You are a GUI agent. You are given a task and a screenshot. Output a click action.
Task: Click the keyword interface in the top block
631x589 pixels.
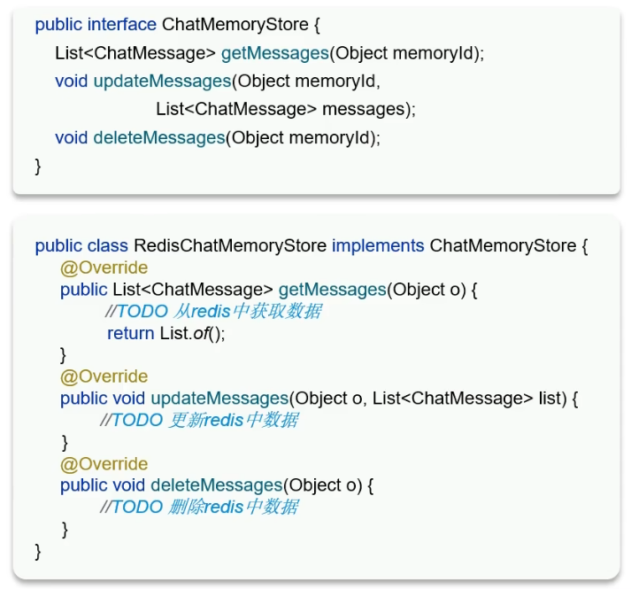(x=122, y=25)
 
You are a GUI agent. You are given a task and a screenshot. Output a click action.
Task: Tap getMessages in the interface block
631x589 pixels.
(x=275, y=53)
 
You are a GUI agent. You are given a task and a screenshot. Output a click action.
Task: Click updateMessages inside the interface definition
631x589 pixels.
(x=162, y=81)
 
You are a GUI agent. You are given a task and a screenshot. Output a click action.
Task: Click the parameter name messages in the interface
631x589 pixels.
(x=365, y=110)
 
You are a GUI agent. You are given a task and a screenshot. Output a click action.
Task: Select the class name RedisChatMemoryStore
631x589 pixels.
(x=230, y=245)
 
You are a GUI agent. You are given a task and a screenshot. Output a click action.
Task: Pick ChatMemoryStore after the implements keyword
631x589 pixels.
(x=503, y=245)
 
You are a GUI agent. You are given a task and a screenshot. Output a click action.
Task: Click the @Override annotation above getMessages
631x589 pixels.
(x=104, y=267)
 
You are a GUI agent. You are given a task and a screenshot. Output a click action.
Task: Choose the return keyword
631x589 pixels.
(x=129, y=333)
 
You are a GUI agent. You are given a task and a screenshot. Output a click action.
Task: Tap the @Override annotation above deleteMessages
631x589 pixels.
(x=104, y=464)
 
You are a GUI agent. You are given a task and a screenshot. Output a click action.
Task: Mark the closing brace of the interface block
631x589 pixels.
(x=38, y=165)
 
